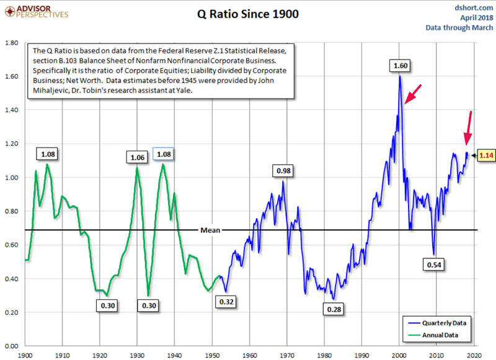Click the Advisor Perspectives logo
click(x=35, y=11)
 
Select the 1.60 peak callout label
click(x=400, y=65)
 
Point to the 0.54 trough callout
click(x=433, y=265)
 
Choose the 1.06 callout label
click(x=137, y=157)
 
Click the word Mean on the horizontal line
click(x=210, y=230)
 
